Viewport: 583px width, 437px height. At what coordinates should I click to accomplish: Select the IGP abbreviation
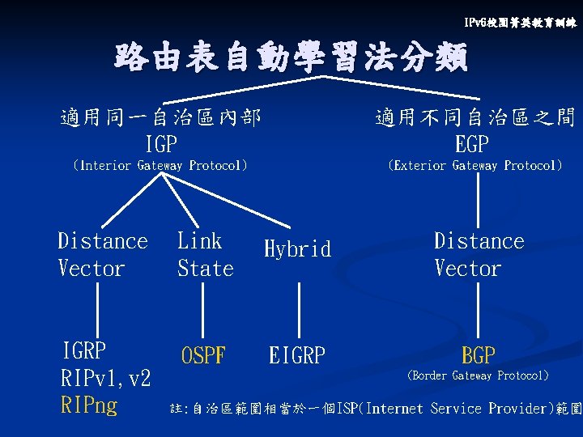click(x=161, y=145)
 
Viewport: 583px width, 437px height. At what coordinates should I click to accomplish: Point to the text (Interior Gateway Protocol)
click(x=160, y=166)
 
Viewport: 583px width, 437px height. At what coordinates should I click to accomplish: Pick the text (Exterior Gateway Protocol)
click(x=474, y=166)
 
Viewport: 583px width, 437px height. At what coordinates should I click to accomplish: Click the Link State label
click(x=205, y=254)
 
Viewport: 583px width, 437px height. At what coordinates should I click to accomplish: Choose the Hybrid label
click(x=297, y=248)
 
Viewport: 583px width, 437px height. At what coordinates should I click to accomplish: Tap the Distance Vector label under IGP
click(x=103, y=254)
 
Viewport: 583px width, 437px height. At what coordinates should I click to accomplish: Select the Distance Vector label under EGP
click(x=479, y=254)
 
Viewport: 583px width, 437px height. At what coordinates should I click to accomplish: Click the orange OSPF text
click(x=203, y=355)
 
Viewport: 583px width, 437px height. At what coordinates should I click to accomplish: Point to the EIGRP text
click(x=296, y=355)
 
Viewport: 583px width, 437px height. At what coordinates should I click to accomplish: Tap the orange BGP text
click(x=479, y=354)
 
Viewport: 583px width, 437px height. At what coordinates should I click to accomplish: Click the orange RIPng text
click(x=89, y=405)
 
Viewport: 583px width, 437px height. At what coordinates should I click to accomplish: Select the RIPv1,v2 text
click(x=106, y=378)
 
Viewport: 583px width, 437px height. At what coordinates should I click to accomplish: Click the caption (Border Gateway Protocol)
click(x=478, y=375)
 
